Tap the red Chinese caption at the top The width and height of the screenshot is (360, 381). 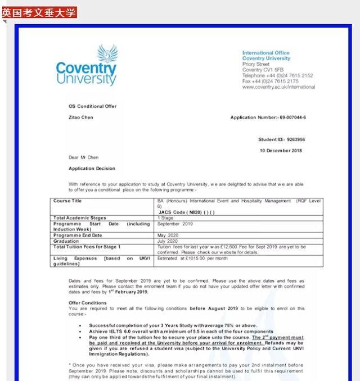[39, 12]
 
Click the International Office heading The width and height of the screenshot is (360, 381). [265, 53]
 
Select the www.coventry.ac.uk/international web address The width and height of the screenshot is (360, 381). [278, 87]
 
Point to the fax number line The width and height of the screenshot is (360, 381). [270, 81]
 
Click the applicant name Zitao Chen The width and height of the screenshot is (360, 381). [81, 117]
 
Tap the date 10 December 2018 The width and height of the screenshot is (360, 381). [281, 151]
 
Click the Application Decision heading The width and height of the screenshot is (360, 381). [92, 169]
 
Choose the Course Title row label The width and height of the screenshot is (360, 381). [67, 201]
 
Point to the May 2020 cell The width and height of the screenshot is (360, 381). [168, 235]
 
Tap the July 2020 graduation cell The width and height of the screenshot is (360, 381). [168, 241]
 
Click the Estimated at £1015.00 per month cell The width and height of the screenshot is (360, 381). [192, 258]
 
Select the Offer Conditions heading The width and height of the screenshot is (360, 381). [88, 303]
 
